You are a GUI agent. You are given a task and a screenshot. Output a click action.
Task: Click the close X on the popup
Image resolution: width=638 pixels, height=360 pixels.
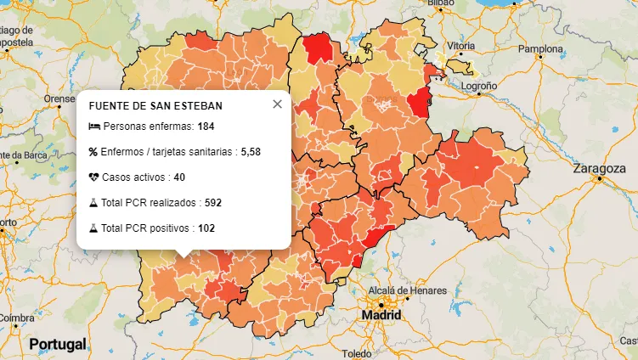point(277,104)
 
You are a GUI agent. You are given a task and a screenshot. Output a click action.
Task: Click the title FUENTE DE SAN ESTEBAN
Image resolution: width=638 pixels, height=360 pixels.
point(155,106)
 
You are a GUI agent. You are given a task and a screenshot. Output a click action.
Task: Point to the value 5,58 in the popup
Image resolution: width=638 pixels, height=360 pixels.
point(251,152)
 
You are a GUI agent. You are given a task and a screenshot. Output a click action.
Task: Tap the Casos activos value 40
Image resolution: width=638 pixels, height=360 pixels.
point(179,177)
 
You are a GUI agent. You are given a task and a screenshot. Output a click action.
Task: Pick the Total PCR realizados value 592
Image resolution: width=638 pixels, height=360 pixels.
point(213,203)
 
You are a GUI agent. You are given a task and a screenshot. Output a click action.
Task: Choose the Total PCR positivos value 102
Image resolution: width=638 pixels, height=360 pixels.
point(206,228)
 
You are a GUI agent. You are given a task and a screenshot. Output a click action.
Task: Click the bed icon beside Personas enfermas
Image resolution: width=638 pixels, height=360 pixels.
point(94,127)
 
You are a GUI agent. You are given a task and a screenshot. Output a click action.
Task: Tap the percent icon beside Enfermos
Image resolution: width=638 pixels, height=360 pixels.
point(93,152)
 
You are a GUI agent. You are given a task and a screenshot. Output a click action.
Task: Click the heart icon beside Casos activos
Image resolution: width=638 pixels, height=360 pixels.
point(94,177)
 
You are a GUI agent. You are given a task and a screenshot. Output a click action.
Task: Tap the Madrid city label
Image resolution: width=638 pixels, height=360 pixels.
point(381,315)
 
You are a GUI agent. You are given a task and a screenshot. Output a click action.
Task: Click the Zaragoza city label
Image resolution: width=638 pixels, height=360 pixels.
point(601,169)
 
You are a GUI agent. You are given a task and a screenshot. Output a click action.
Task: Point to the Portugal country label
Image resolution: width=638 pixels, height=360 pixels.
point(58,344)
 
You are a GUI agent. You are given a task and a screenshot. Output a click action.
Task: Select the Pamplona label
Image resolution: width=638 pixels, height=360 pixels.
point(541,49)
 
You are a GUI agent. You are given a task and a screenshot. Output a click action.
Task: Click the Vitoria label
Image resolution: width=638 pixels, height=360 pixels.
point(461,45)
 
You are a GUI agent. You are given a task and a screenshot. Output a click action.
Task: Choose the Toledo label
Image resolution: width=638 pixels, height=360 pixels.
point(358,353)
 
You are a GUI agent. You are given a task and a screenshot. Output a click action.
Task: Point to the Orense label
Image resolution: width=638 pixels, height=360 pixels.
point(60,98)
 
